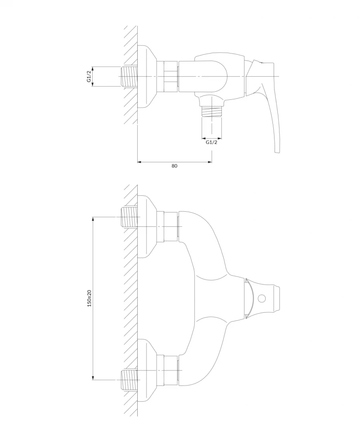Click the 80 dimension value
(174, 166)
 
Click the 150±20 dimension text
(89, 298)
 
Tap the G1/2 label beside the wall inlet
(89, 77)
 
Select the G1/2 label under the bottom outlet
(211, 142)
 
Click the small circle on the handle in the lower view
(261, 299)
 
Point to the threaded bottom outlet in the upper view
(211, 112)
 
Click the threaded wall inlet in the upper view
(130, 77)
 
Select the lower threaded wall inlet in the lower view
(130, 380)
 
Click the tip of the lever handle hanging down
(277, 149)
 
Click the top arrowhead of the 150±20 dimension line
(93, 219)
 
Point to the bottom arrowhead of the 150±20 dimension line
(93, 378)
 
